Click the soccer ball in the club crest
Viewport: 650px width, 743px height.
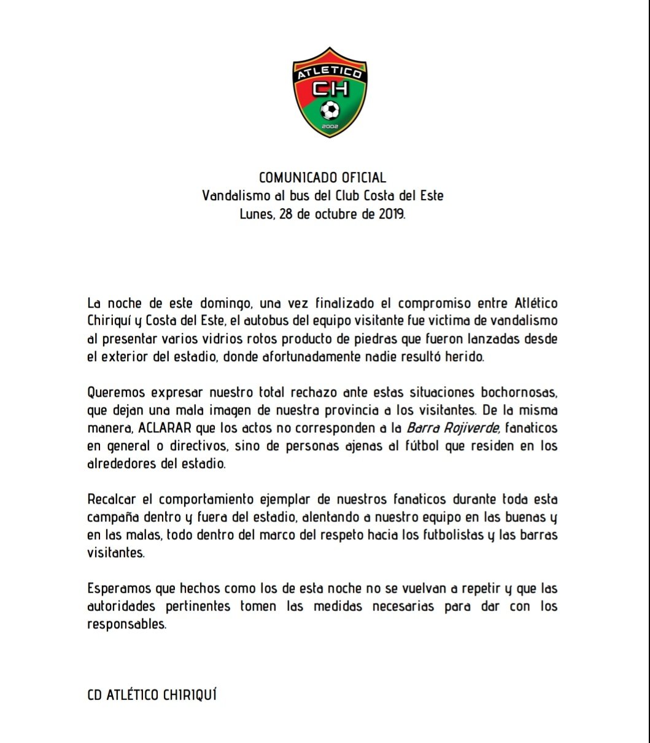click(x=330, y=111)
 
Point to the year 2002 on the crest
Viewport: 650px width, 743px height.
click(x=330, y=126)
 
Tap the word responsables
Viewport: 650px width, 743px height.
click(x=126, y=624)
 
